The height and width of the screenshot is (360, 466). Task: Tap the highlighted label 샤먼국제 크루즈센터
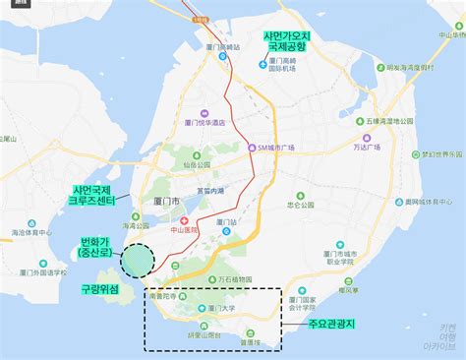[94, 195]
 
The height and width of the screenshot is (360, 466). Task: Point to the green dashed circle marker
[138, 260]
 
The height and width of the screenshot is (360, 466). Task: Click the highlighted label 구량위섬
[98, 289]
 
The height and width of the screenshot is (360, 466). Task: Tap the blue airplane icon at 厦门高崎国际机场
[261, 66]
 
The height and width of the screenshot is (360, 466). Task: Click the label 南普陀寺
[167, 295]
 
